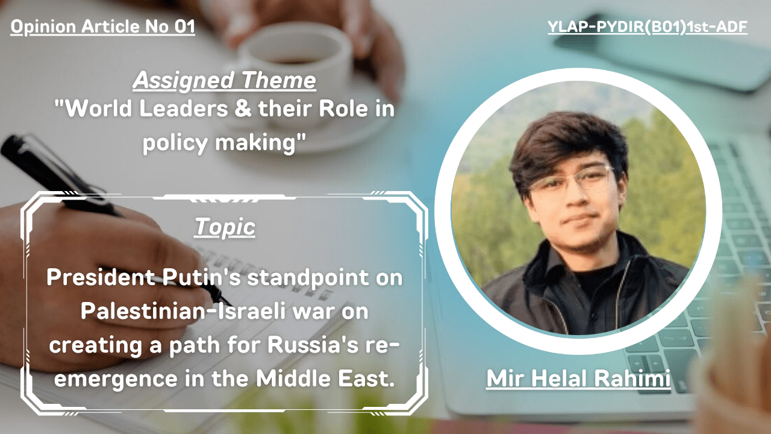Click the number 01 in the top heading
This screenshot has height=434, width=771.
click(184, 27)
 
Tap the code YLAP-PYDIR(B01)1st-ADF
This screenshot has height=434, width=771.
click(648, 27)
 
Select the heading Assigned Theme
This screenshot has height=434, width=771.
click(225, 81)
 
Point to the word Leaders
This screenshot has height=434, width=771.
click(184, 108)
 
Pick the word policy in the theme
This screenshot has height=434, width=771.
click(175, 142)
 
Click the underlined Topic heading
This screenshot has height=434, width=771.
click(225, 227)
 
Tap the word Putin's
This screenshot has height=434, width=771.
click(201, 277)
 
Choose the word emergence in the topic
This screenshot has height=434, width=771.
click(116, 379)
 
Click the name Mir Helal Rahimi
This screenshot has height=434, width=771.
click(578, 378)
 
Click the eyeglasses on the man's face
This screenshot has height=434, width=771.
click(572, 181)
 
